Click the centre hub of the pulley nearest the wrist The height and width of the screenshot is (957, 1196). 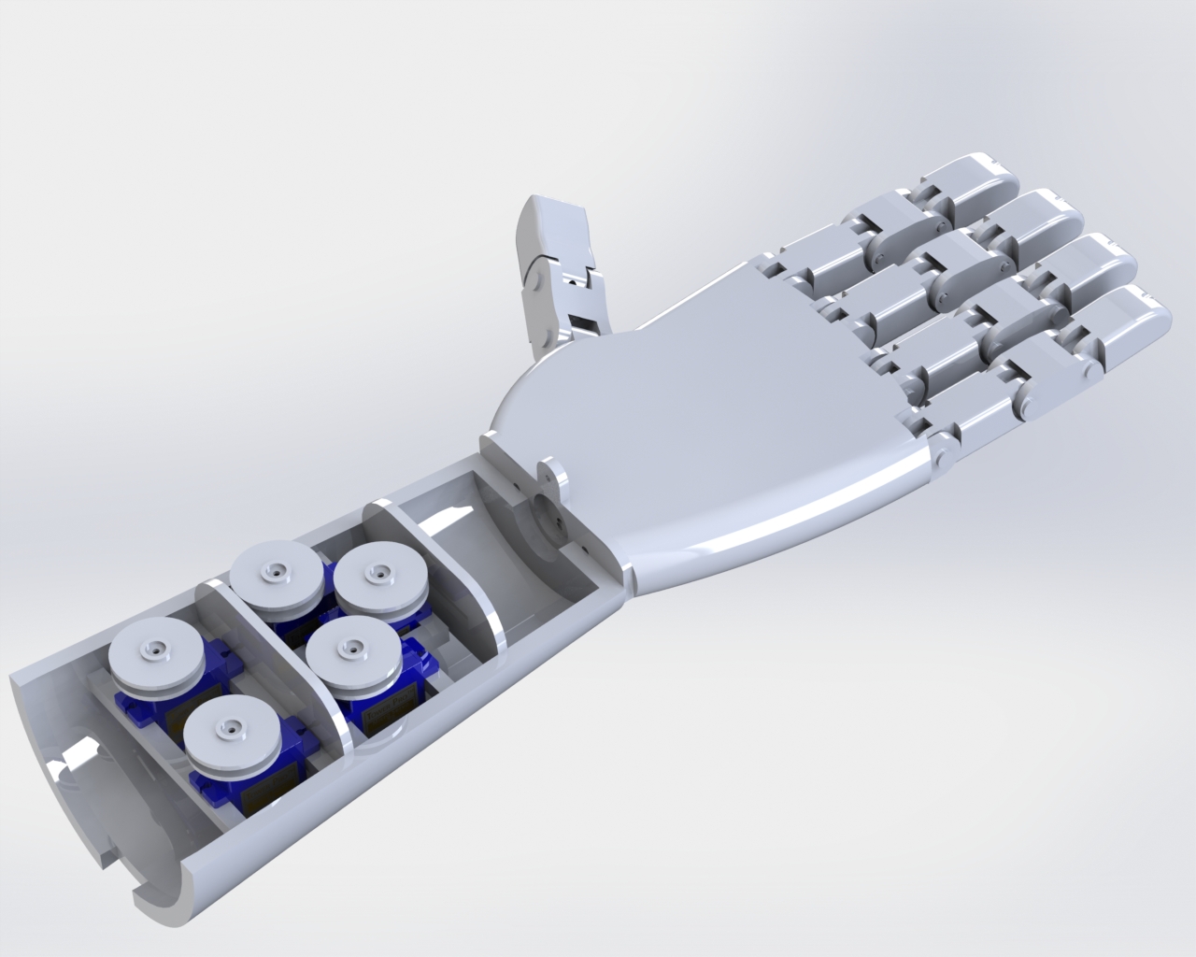(x=377, y=572)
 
